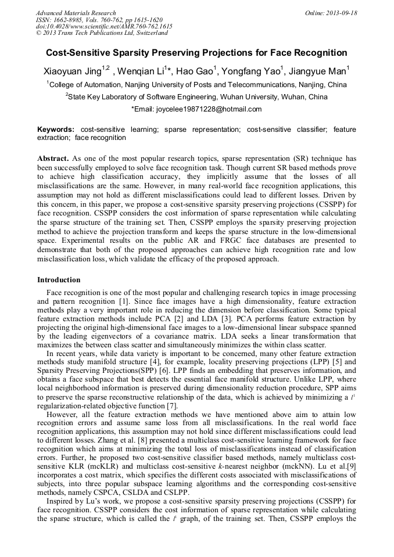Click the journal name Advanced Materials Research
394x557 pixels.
pyautogui.click(x=76, y=13)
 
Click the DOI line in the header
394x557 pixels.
pyautogui.click(x=104, y=27)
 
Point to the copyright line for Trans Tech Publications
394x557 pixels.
pyautogui.click(x=94, y=34)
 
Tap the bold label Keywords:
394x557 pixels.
pyautogui.click(x=56, y=129)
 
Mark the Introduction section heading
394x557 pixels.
pyautogui.click(x=59, y=280)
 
